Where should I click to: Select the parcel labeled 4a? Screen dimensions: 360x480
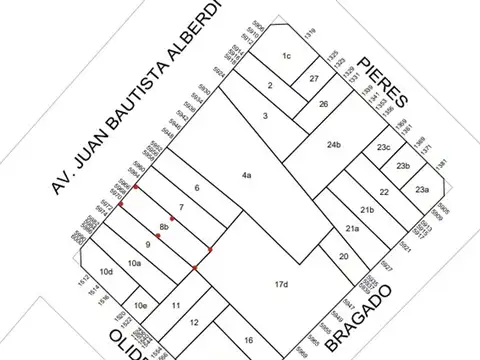246,178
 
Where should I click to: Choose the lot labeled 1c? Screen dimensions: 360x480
286,55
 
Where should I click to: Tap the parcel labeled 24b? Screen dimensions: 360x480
335,147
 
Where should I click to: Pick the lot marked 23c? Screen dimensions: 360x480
382,148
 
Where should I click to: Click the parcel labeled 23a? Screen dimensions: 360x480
422,190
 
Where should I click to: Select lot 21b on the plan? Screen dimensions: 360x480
367,210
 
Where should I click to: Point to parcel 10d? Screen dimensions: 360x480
106,272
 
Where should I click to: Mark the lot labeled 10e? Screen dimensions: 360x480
142,305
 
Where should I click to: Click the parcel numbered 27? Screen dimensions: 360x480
314,79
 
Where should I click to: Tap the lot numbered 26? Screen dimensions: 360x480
323,103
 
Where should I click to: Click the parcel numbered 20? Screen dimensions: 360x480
343,257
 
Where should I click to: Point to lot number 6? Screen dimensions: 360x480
197,188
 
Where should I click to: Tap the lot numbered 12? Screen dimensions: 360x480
195,322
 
